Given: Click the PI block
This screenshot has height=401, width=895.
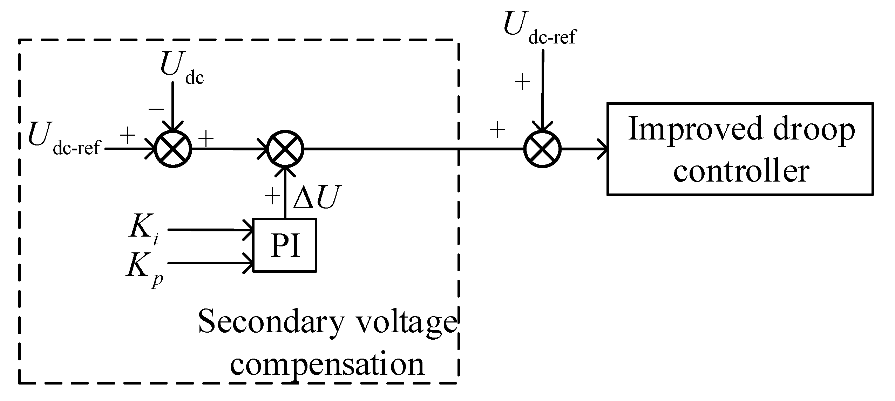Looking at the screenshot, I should [x=285, y=245].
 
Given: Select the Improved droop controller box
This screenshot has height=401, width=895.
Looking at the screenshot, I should [x=740, y=149].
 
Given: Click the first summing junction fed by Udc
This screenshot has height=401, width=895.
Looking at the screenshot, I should [x=173, y=149].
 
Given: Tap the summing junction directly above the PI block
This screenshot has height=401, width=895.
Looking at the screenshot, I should [x=285, y=149].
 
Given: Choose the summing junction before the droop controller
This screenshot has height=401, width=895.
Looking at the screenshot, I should [x=542, y=149].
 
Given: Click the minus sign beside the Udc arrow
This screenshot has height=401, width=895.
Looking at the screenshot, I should [x=156, y=108].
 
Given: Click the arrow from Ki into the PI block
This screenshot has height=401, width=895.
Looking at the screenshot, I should [x=210, y=230].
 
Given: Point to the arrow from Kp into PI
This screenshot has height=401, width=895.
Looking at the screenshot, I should [x=210, y=263].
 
